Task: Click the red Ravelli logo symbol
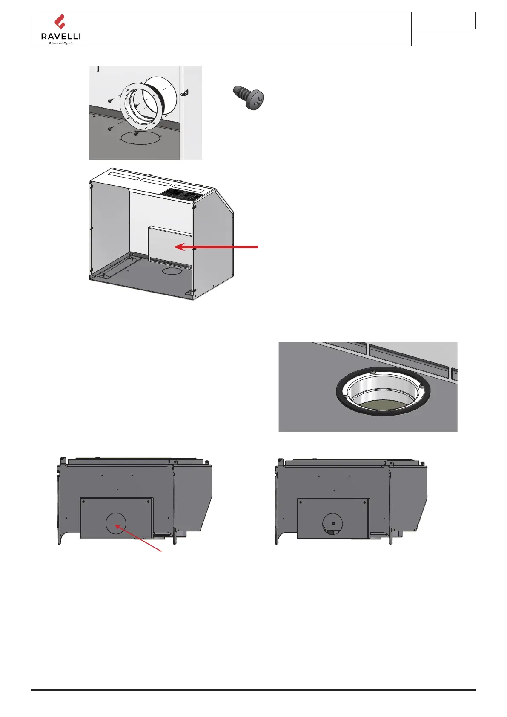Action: click(60, 22)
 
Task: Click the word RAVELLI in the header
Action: click(61, 37)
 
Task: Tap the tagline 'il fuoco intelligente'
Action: click(61, 43)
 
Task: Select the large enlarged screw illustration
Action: click(249, 98)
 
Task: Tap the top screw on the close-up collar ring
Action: click(373, 372)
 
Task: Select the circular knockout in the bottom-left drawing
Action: click(116, 523)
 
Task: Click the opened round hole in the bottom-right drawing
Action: click(333, 524)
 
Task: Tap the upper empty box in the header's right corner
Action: click(443, 21)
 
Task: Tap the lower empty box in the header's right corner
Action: click(443, 37)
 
